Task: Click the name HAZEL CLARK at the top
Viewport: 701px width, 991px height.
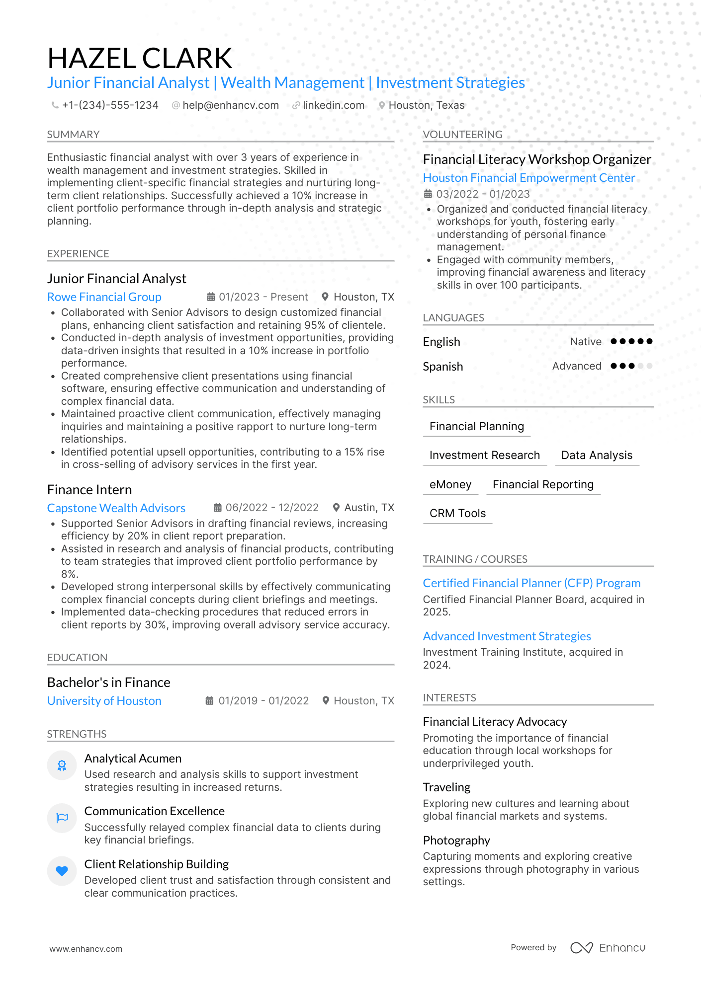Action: pos(140,59)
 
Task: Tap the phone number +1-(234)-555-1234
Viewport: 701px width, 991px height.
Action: pos(110,105)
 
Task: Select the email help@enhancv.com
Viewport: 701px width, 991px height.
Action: pos(230,105)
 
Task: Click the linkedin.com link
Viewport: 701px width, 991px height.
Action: pos(333,105)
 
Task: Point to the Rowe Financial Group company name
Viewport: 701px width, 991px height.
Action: pos(104,297)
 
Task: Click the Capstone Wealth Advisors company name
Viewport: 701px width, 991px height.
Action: pos(116,508)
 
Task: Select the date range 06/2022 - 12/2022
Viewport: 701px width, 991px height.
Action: pos(271,508)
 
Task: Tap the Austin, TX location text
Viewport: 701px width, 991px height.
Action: pos(369,508)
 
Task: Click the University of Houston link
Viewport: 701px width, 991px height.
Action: pos(104,701)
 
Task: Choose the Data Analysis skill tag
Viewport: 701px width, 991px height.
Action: pos(597,456)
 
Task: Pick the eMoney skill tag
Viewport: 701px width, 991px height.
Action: pos(450,484)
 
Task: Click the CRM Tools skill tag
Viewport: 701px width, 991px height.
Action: pos(457,514)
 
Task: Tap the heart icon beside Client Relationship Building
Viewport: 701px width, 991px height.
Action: pos(62,871)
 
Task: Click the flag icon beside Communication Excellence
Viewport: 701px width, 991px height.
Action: pos(62,818)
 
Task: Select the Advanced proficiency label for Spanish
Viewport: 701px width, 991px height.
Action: pos(577,366)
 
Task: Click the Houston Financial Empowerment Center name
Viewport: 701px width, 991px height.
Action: pos(529,178)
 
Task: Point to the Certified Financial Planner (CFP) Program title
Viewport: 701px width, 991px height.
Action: pos(531,583)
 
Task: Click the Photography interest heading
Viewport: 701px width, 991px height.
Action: pos(456,840)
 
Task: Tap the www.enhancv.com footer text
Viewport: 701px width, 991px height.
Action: pos(86,949)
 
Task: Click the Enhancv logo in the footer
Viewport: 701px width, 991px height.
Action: pos(608,948)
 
